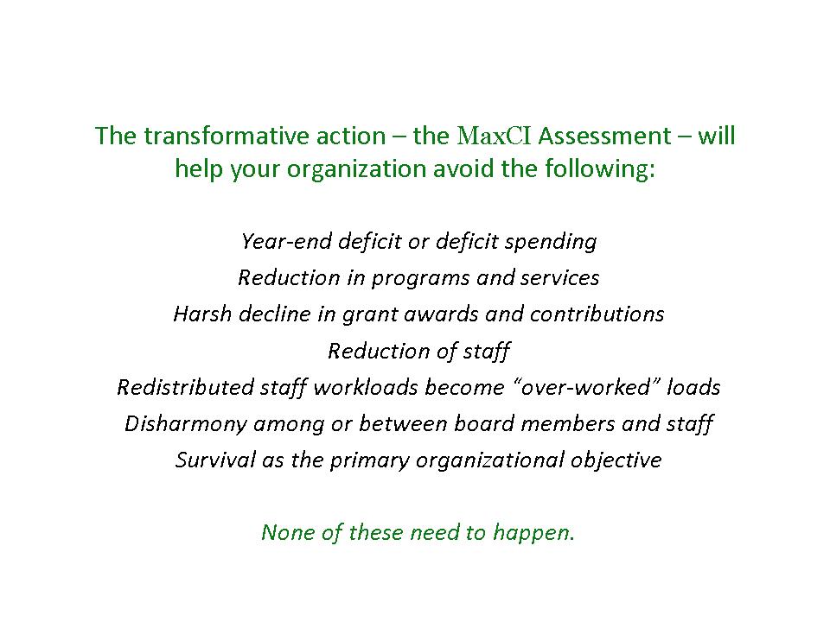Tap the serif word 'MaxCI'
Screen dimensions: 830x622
tap(494, 136)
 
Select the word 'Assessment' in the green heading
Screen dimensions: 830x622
tap(604, 136)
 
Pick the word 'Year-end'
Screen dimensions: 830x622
tap(286, 241)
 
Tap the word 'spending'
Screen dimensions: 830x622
tap(551, 242)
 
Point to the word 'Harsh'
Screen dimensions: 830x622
tap(202, 314)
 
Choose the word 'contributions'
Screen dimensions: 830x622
tap(597, 314)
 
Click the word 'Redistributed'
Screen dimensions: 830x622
tap(185, 387)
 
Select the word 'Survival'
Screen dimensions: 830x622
tap(215, 460)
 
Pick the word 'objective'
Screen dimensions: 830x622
tap(616, 461)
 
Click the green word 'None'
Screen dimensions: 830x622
tap(288, 533)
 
